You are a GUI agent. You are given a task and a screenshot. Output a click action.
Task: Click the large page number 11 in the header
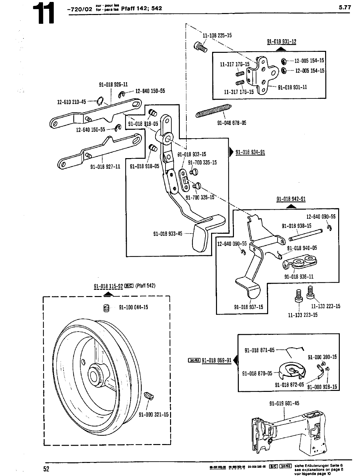(44, 14)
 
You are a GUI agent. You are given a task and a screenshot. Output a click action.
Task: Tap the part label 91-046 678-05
(231, 123)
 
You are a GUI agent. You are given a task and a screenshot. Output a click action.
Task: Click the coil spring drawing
(213, 110)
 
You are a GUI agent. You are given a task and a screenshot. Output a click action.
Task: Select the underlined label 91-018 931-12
(281, 42)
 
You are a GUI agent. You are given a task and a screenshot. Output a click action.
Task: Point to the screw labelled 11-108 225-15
(200, 47)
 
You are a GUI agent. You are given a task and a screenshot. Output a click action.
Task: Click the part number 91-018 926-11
(113, 85)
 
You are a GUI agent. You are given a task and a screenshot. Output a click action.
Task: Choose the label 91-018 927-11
(105, 167)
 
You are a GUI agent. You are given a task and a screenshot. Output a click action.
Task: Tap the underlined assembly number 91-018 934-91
(250, 152)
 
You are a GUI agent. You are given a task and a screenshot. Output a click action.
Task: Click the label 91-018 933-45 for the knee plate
(168, 233)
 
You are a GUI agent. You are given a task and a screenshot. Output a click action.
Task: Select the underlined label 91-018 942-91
(291, 199)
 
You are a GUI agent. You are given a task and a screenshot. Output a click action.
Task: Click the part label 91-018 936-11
(299, 276)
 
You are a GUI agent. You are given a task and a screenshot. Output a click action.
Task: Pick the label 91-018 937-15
(248, 307)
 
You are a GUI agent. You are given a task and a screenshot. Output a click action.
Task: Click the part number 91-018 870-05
(257, 374)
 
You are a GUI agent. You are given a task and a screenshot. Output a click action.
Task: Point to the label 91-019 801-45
(284, 404)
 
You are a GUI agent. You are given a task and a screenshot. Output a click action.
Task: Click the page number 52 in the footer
(46, 469)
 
